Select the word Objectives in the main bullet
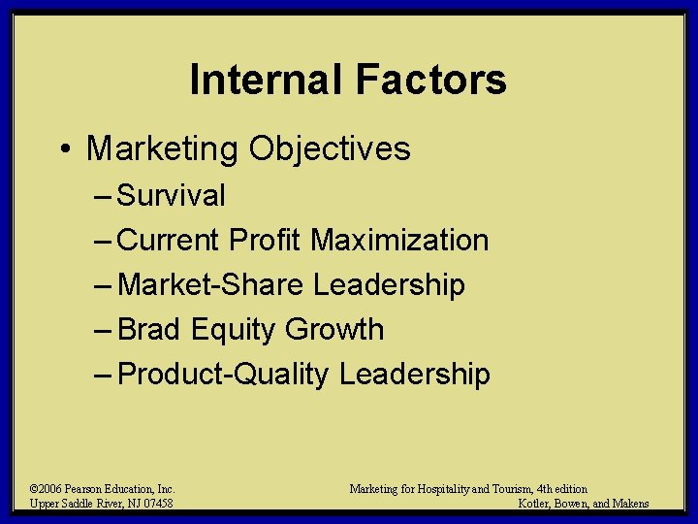[330, 149]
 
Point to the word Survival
[171, 196]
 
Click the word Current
[170, 240]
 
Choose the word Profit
[267, 240]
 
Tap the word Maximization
[399, 240]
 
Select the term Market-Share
[210, 285]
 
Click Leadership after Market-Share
[390, 285]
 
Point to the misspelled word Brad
[149, 330]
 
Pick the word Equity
[234, 330]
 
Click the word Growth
[335, 330]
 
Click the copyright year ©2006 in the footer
[46, 489]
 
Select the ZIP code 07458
[155, 504]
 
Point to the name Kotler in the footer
[538, 504]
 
